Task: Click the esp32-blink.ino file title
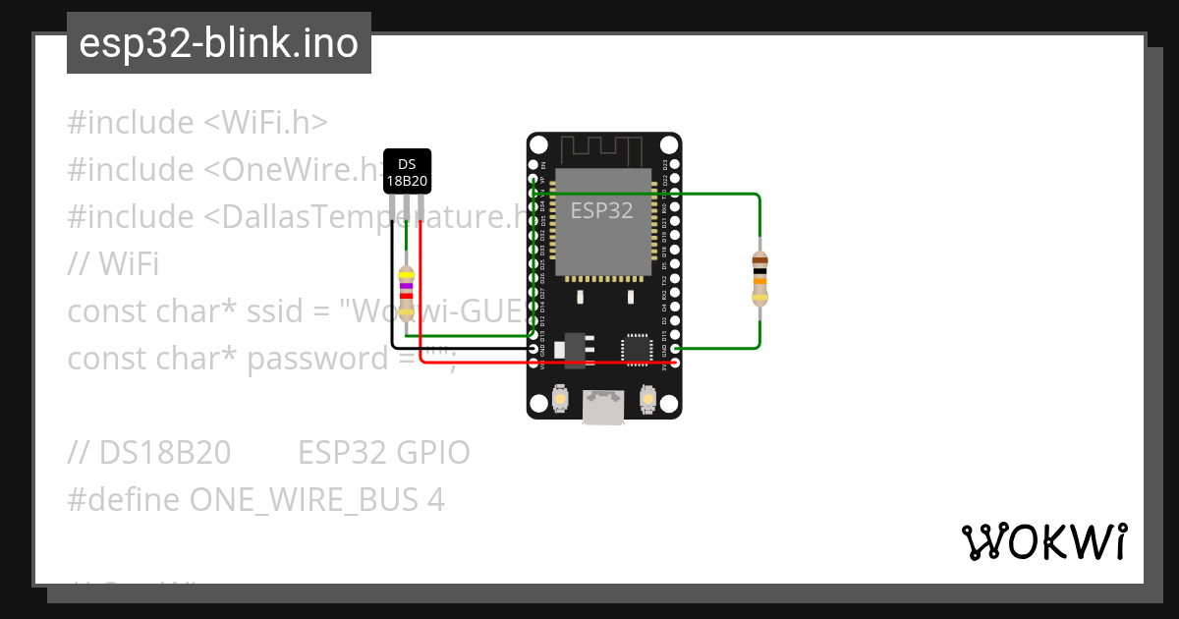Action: pyautogui.click(x=218, y=43)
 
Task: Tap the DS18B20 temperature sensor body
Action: pyautogui.click(x=407, y=171)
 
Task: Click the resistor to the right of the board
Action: pyautogui.click(x=758, y=279)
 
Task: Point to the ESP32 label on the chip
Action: pyautogui.click(x=601, y=210)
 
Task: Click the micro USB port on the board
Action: pyautogui.click(x=603, y=407)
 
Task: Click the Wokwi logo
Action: pyautogui.click(x=1043, y=541)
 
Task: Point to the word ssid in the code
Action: pyautogui.click(x=277, y=311)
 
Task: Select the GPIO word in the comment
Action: pyautogui.click(x=433, y=453)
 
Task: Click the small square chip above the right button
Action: pyautogui.click(x=635, y=349)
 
